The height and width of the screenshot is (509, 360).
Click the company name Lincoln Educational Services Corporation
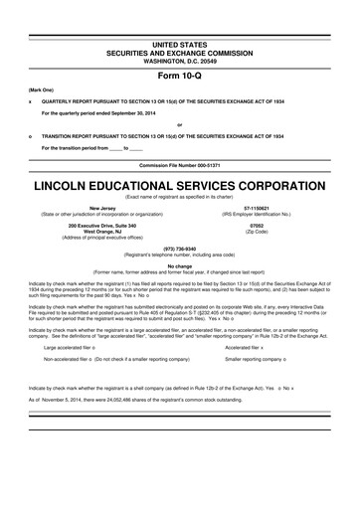[179, 186]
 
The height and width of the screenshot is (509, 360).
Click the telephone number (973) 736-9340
[179, 248]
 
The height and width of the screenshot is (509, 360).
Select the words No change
[179, 264]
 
